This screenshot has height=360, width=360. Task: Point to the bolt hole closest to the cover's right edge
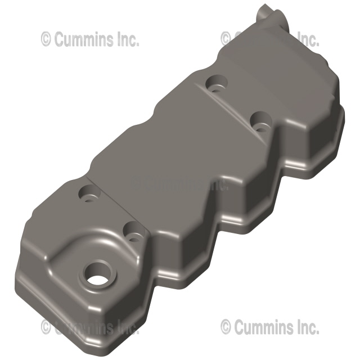click(259, 120)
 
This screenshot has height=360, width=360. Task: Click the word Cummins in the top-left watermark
click(81, 39)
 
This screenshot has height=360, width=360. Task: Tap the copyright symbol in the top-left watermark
click(47, 39)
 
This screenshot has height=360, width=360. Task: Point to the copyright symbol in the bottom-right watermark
click(226, 326)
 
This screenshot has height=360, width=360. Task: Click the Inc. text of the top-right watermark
click(307, 39)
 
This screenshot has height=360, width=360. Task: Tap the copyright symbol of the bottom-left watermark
click(47, 326)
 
